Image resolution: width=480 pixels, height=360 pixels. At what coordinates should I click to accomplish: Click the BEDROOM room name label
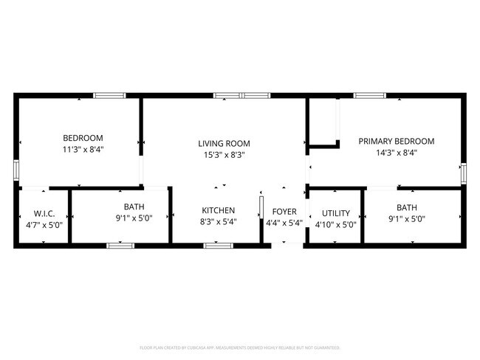tap(82, 138)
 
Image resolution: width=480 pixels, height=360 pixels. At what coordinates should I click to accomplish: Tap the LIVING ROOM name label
tap(224, 143)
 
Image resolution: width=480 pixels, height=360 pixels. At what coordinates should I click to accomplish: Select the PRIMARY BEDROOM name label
tap(396, 141)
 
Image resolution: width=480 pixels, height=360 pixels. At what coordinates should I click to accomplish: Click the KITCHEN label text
tap(219, 210)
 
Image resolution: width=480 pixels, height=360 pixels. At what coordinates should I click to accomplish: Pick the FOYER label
tap(284, 212)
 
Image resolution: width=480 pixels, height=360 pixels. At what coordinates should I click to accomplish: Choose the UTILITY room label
tap(335, 213)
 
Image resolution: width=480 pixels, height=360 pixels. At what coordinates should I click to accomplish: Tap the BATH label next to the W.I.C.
tap(134, 207)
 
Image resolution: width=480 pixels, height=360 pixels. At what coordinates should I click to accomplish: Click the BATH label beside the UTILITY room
tap(406, 207)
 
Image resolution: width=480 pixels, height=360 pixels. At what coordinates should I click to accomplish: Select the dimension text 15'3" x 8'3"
tap(224, 155)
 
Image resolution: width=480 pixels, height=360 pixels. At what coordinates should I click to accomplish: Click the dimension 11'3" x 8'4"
tap(82, 150)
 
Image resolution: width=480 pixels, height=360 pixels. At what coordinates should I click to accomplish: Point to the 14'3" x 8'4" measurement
tap(396, 153)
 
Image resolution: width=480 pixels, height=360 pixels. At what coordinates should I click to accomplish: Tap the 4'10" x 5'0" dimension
tap(335, 225)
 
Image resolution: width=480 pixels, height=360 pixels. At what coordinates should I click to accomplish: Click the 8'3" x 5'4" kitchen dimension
tap(219, 222)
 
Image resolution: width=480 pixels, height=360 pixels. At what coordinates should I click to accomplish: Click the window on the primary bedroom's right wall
tap(464, 173)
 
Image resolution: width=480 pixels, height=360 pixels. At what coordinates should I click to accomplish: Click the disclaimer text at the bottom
tap(239, 347)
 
